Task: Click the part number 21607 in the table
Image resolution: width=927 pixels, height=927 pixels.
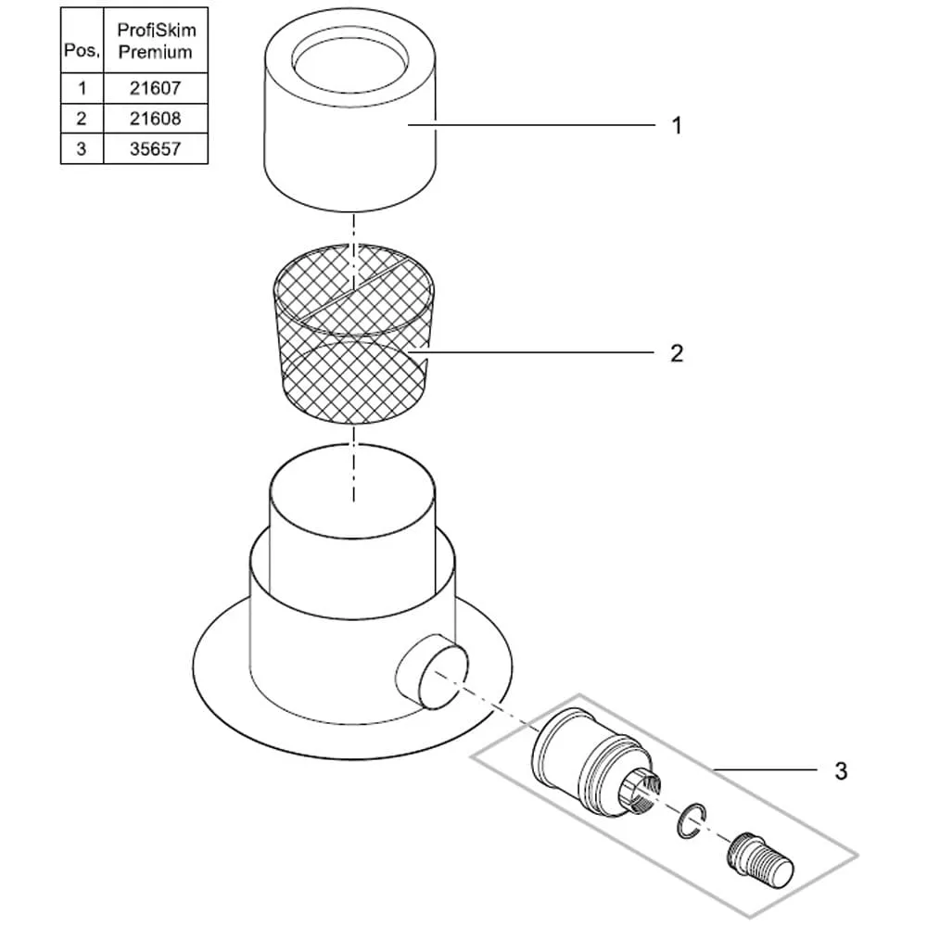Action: coord(156,89)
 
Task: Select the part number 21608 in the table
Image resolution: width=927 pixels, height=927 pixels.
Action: coord(156,119)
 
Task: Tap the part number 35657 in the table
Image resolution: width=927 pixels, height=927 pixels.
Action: coord(156,148)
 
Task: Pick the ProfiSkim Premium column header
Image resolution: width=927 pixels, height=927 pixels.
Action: coord(156,42)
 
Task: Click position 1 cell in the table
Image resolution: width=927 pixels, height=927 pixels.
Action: coord(82,89)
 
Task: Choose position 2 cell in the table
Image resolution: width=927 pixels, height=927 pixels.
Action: coord(82,119)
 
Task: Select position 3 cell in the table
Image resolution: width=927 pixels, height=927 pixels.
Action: coord(82,148)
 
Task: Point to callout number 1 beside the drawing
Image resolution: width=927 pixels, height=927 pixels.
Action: coord(677,126)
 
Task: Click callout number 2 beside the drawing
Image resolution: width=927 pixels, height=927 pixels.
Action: coord(677,353)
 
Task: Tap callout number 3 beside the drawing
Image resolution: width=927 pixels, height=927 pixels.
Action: coord(841,771)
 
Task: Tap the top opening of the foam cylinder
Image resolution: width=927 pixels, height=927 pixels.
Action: coord(350,60)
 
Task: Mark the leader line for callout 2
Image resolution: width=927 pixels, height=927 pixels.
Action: coord(538,351)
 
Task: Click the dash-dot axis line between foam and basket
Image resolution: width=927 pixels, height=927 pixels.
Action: coord(353,232)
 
